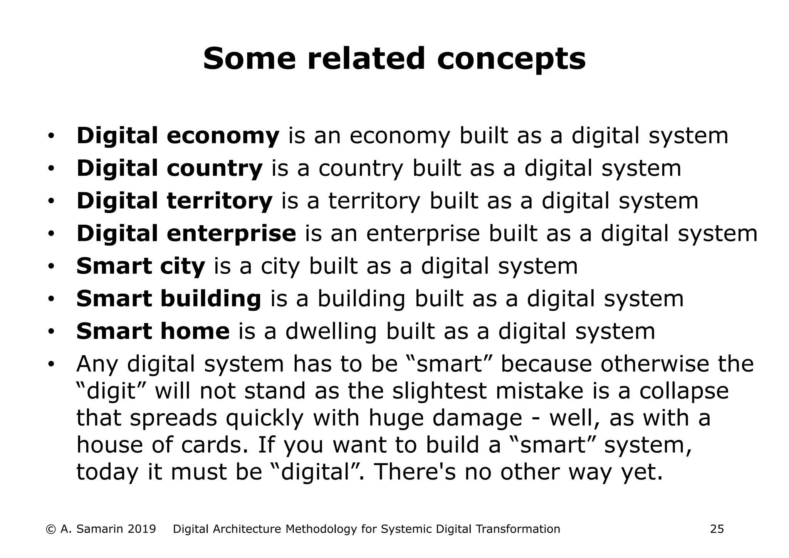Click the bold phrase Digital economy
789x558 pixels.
[178, 136]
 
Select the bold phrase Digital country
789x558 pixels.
[169, 169]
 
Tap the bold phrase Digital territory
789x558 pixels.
[174, 201]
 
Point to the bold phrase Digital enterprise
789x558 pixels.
[186, 234]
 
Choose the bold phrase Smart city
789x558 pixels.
[141, 267]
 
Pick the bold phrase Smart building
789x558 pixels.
[168, 299]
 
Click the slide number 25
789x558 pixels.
[717, 529]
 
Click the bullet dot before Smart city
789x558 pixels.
[51, 267]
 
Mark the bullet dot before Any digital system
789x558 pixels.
[51, 364]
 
